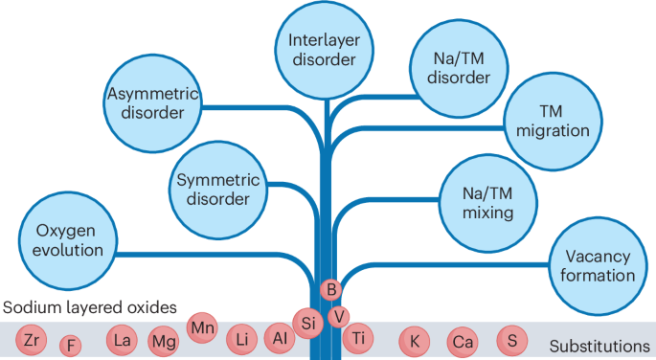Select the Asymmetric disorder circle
pyautogui.click(x=146, y=102)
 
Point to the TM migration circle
pyautogui.click(x=554, y=119)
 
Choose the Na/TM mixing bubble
pyautogui.click(x=476, y=201)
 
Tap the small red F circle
pyautogui.click(x=71, y=345)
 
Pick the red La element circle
pyautogui.click(x=122, y=339)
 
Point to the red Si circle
pyautogui.click(x=308, y=324)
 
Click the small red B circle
pyautogui.click(x=330, y=288)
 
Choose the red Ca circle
pyautogui.click(x=464, y=341)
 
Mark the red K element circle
pyautogui.click(x=415, y=340)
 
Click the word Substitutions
pyautogui.click(x=601, y=346)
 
